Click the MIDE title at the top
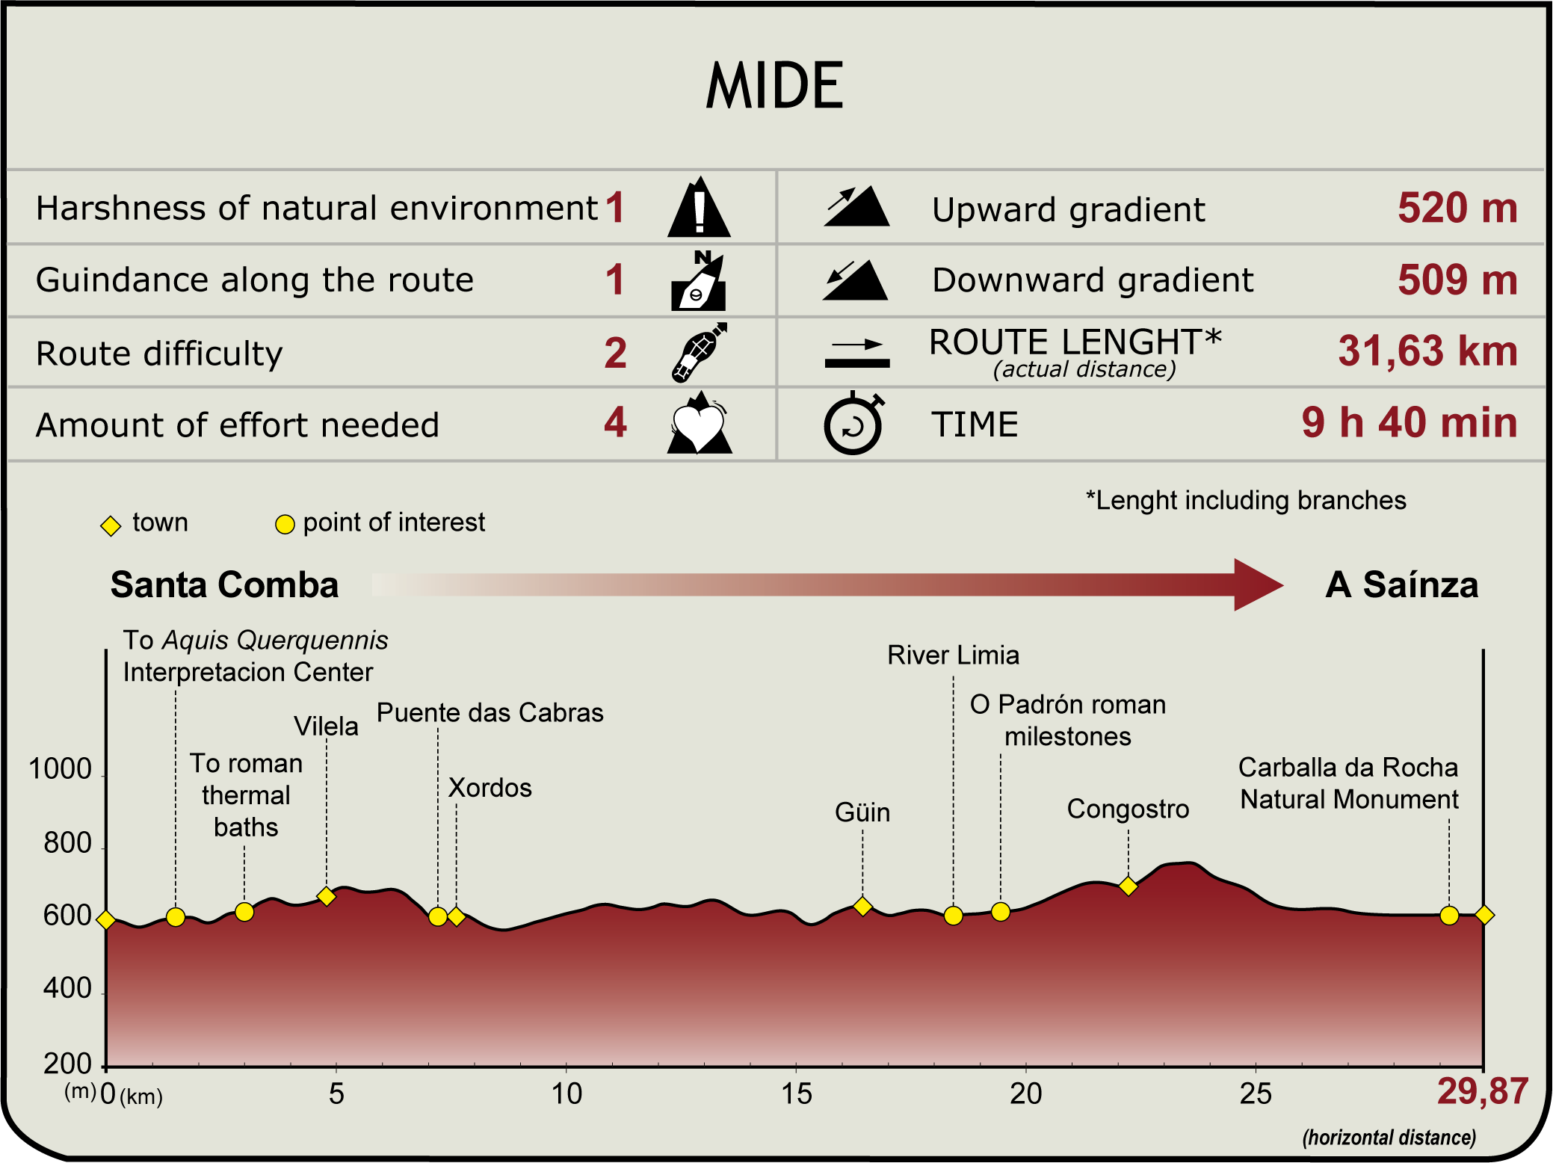tap(775, 86)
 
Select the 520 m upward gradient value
tap(1457, 208)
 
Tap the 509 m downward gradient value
tap(1457, 280)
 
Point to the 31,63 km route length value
tap(1427, 351)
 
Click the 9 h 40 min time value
tap(1410, 422)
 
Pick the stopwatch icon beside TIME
tap(853, 424)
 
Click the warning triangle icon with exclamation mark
tap(699, 209)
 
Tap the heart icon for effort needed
tap(699, 425)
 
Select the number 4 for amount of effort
tap(615, 423)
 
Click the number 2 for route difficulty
tap(615, 353)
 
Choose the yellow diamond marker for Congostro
tap(1129, 886)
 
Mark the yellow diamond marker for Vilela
tap(326, 896)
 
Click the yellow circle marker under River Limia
tap(953, 916)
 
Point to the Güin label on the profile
tap(862, 812)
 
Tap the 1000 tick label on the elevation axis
tap(60, 769)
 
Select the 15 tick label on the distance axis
tap(796, 1094)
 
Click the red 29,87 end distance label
tap(1483, 1091)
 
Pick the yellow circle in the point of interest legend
tap(285, 525)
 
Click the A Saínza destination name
tap(1402, 584)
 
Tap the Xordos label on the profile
tap(490, 788)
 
